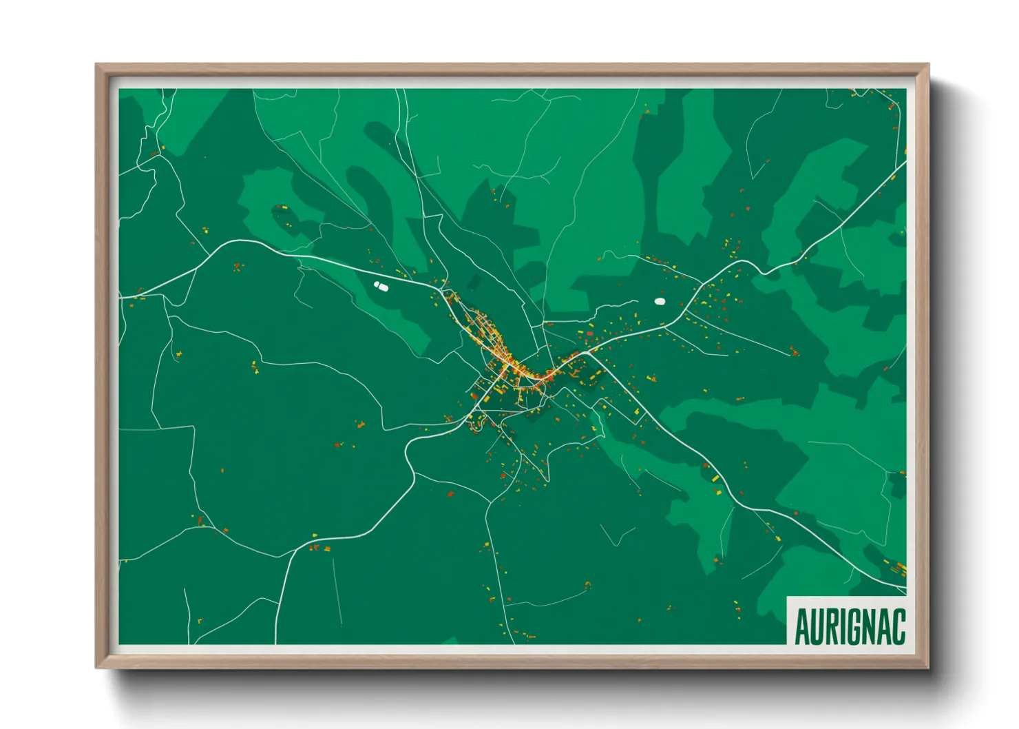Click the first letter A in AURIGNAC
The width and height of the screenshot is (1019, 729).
click(802, 626)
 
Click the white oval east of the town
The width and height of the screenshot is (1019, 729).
click(660, 301)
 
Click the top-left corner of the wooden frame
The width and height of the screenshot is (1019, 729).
click(97, 65)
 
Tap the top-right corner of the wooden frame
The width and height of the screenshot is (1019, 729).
click(927, 65)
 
